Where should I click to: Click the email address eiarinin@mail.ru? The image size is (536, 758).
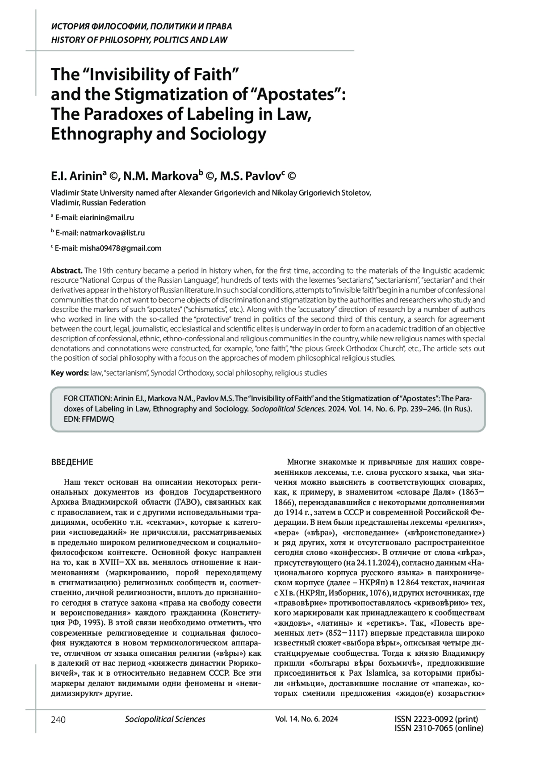point(106,218)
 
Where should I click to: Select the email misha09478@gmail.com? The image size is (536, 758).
point(120,248)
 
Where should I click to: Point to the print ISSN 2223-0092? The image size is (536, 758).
point(436,719)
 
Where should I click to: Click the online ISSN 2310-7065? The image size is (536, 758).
point(439,728)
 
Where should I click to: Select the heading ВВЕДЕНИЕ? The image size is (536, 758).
point(72,462)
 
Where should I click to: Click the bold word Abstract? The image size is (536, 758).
point(66,271)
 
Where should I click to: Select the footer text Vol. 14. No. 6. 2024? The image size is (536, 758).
point(306,719)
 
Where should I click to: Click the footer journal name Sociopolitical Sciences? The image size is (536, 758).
point(165,719)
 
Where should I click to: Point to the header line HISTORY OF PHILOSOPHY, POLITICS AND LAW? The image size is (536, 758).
point(139,40)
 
